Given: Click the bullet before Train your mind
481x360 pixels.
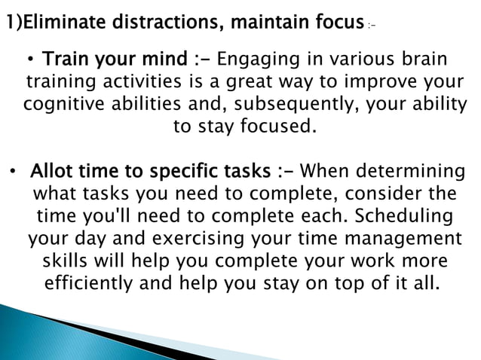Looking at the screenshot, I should (33, 59).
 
